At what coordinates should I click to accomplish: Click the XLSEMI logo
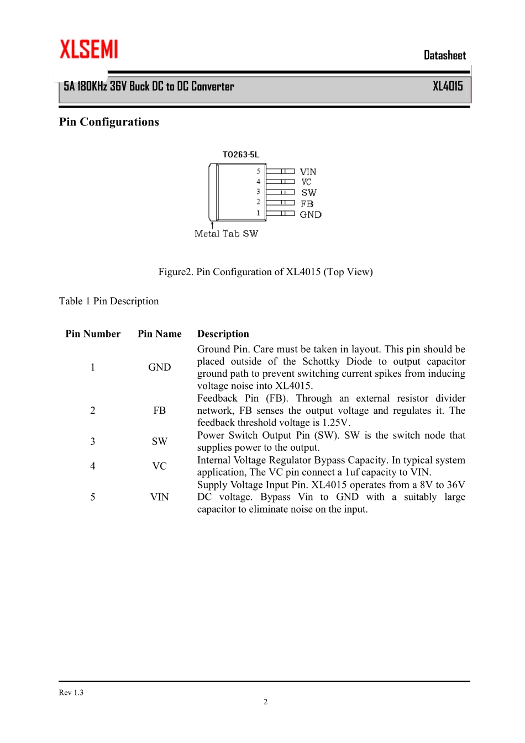click(88, 49)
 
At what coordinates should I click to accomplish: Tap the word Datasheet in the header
click(444, 55)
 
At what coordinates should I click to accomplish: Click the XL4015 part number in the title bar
click(448, 86)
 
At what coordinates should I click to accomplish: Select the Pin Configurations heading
click(109, 122)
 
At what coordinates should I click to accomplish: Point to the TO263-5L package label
click(240, 155)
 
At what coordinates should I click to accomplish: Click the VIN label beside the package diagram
click(308, 172)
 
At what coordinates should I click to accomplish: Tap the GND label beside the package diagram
click(310, 214)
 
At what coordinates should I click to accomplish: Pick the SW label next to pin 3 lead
click(308, 193)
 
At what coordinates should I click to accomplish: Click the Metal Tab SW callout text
click(226, 234)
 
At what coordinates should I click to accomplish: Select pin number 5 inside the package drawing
click(258, 171)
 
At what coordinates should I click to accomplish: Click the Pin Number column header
click(93, 334)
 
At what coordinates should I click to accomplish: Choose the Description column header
click(223, 334)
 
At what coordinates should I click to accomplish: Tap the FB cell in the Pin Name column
click(159, 410)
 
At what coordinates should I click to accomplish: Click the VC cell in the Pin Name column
click(159, 466)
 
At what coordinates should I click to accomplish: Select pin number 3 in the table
click(93, 441)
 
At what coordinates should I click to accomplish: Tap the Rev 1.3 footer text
click(71, 693)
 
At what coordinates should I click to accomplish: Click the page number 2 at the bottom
click(265, 702)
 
